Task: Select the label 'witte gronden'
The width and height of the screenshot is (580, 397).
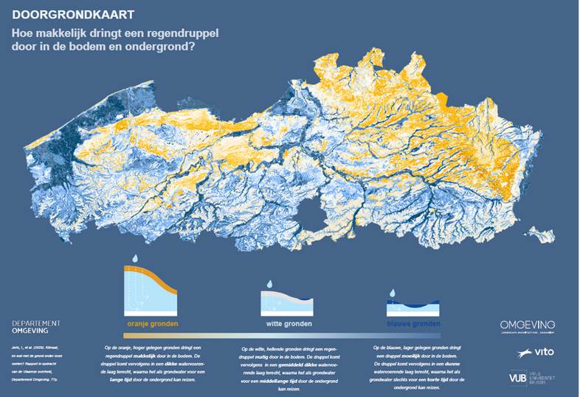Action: (x=289, y=324)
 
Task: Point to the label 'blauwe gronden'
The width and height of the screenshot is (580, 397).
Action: (x=413, y=324)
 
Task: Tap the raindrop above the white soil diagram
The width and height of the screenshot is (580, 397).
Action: (x=270, y=284)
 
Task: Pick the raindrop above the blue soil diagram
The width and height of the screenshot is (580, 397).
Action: (x=393, y=293)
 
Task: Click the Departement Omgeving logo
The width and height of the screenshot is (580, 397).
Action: (x=36, y=328)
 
